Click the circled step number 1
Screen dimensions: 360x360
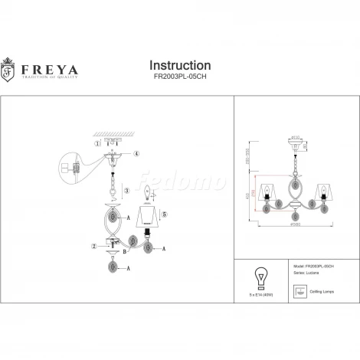tap(97, 143)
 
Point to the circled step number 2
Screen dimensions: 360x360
tap(94, 245)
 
